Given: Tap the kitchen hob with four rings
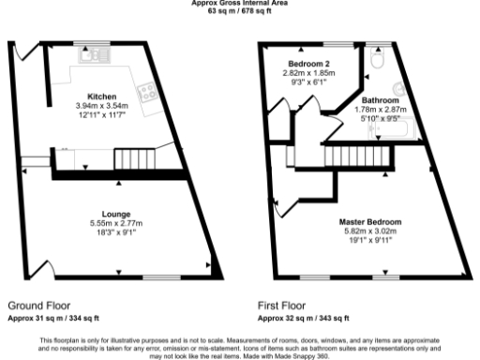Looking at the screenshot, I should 147,91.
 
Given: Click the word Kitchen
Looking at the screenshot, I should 101,97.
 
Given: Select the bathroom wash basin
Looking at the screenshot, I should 399,90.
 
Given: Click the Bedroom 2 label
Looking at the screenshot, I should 308,63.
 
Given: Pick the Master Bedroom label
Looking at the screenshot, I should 366,221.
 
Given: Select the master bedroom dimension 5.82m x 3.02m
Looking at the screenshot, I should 366,230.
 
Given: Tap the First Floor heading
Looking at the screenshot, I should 282,306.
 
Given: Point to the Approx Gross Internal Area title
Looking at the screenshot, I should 239,3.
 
